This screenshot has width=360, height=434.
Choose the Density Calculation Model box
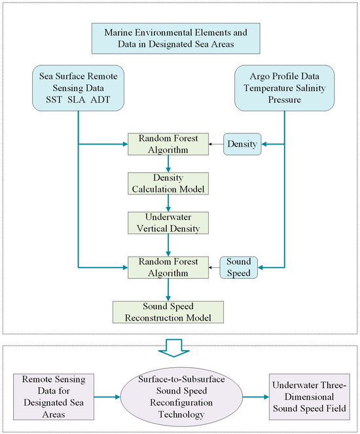(x=170, y=183)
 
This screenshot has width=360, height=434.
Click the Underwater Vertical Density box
(x=170, y=223)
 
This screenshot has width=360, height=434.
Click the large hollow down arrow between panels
(x=180, y=350)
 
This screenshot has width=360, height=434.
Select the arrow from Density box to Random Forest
(x=215, y=142)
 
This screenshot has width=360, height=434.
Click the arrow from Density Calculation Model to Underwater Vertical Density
(x=170, y=202)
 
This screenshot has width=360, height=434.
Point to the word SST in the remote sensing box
(x=50, y=100)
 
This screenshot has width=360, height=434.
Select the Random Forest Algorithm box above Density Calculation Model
(x=170, y=142)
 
